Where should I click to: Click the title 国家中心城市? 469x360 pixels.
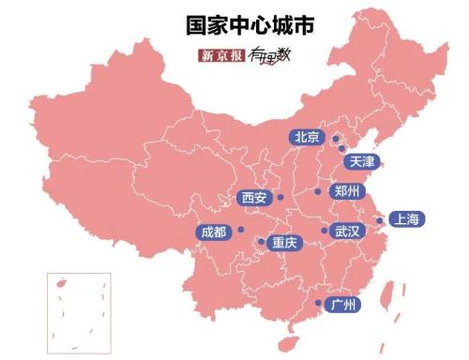[x=234, y=24]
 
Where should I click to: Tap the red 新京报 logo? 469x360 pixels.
[x=221, y=55]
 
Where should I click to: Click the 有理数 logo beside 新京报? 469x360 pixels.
[x=266, y=55]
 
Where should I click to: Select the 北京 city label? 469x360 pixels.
[x=307, y=137]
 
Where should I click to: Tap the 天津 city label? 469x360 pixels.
[x=362, y=161]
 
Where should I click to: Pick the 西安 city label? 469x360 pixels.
[x=254, y=198]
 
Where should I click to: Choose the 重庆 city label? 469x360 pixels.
[x=283, y=243]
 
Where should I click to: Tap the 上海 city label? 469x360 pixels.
[x=407, y=219]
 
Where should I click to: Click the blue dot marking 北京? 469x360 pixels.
[x=330, y=138]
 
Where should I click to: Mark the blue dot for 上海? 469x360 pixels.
[x=380, y=221]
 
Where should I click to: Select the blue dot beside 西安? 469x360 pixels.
[x=280, y=198]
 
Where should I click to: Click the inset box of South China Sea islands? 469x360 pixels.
[x=79, y=313]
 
